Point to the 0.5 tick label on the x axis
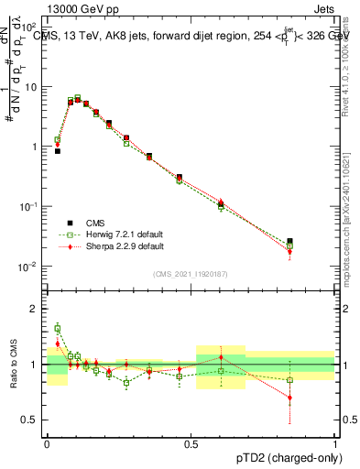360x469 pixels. click(191, 444)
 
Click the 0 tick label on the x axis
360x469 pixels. click(47, 444)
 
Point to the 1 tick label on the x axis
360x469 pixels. click(335, 444)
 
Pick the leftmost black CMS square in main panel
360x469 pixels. click(58, 151)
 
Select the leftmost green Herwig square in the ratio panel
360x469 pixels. click(58, 327)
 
